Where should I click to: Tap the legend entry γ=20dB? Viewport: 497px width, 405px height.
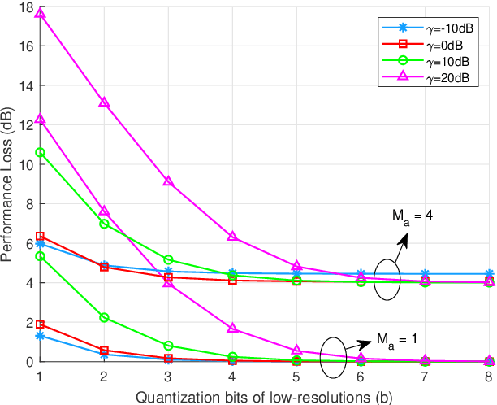tap(446, 76)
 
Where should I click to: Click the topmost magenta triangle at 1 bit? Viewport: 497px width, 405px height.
tap(40, 14)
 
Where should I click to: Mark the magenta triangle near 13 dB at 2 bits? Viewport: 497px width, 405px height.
tap(104, 102)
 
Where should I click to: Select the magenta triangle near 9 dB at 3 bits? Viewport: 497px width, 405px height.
tap(168, 181)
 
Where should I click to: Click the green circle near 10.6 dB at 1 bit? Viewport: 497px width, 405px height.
tap(40, 152)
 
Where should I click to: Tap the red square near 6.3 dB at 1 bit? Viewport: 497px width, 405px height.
tap(40, 237)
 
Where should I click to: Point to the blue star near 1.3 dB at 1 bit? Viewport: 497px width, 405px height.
tap(40, 335)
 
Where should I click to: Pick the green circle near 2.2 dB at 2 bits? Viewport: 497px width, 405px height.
tap(104, 317)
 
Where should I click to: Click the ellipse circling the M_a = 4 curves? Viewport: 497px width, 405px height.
tap(388, 281)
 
